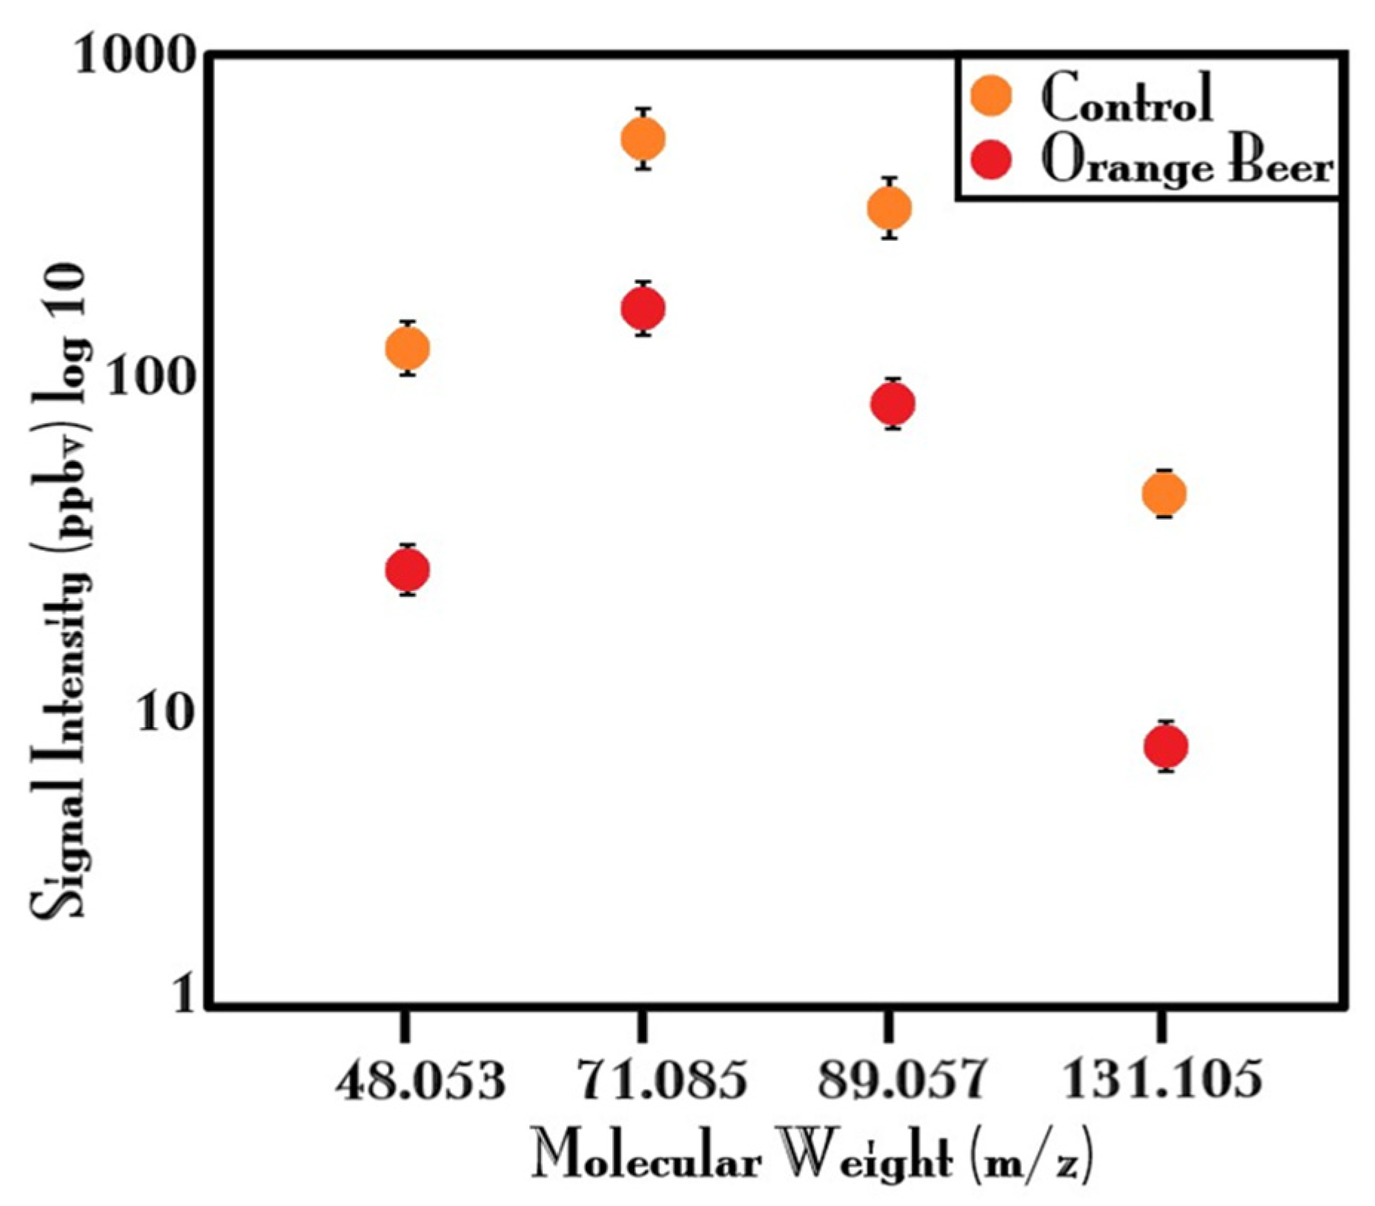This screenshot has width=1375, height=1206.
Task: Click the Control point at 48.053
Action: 407,348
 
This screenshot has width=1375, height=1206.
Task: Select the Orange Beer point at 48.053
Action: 407,569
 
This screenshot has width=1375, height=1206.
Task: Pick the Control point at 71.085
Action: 643,139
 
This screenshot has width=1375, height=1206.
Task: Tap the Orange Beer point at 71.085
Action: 643,308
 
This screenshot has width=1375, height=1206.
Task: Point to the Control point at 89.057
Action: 889,208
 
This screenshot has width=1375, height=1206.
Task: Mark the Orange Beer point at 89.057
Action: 892,403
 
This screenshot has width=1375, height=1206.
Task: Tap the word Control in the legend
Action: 1127,99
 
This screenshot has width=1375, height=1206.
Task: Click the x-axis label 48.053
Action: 420,1081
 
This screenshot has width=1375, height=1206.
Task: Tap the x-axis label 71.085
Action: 661,1081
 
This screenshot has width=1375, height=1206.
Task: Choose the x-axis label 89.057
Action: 902,1081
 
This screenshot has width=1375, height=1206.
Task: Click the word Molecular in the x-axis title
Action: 646,1158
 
